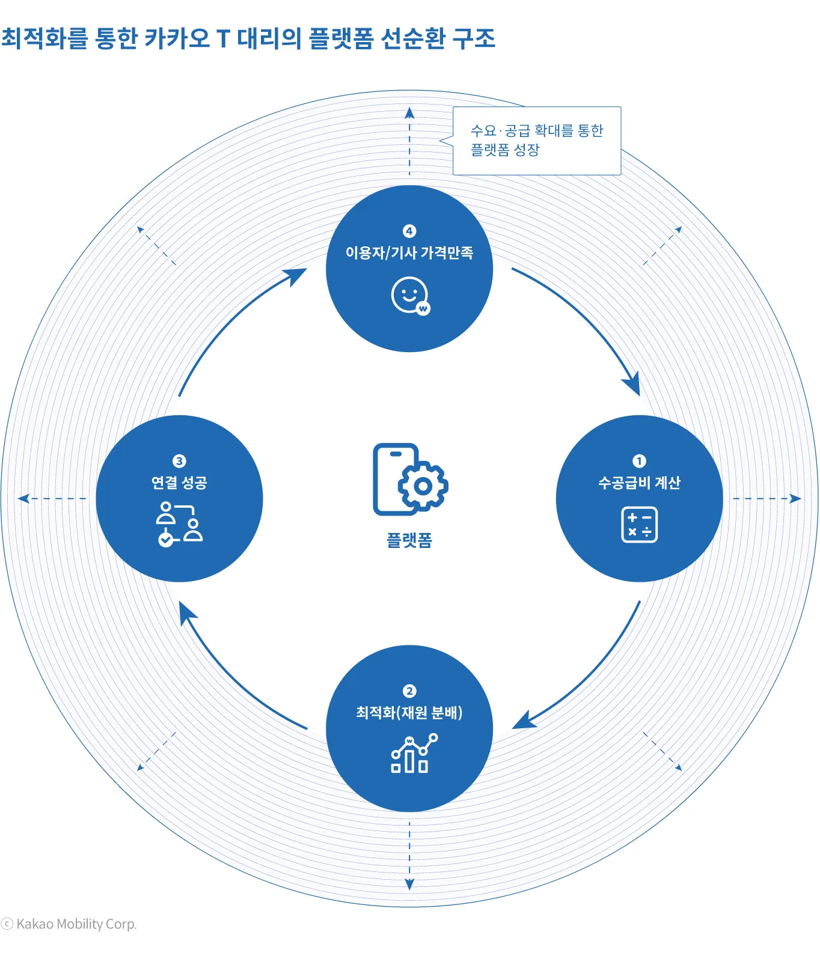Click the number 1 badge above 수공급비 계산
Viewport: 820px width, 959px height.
639,461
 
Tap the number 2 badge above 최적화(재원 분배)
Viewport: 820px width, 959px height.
409,691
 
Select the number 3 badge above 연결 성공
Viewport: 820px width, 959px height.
179,461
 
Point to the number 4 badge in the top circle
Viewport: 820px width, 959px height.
409,231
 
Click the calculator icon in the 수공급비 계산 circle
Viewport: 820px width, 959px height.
639,525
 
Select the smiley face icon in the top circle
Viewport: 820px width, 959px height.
411,295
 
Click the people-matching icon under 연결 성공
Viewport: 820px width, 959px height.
179,524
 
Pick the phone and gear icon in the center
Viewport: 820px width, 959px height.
410,479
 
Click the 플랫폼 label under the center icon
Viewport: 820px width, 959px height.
409,540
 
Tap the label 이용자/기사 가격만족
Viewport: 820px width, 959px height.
409,253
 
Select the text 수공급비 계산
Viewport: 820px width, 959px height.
639,483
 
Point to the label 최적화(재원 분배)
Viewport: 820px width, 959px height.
409,713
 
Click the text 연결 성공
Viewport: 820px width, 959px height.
179,483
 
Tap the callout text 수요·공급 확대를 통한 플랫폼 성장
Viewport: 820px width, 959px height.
536,140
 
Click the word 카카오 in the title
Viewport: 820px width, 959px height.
177,38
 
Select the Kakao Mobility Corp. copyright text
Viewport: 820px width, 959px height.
69,924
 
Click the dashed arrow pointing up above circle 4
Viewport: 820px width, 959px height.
409,141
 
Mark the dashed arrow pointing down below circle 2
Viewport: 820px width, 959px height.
409,856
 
